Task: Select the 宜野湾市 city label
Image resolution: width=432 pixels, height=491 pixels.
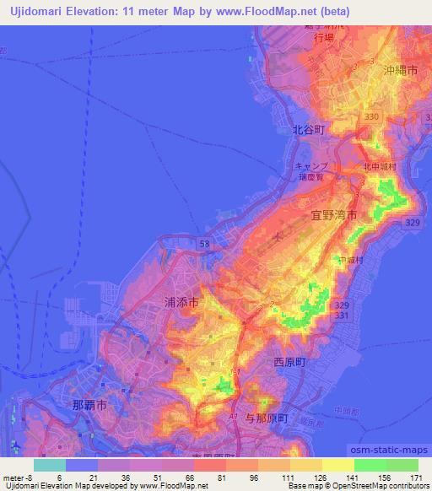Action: tap(332, 217)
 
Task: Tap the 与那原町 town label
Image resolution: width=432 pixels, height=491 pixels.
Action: tap(261, 418)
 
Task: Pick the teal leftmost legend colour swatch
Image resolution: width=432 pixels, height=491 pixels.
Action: tap(49, 465)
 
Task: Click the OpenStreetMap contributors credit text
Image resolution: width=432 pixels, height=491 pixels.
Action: tap(376, 486)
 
